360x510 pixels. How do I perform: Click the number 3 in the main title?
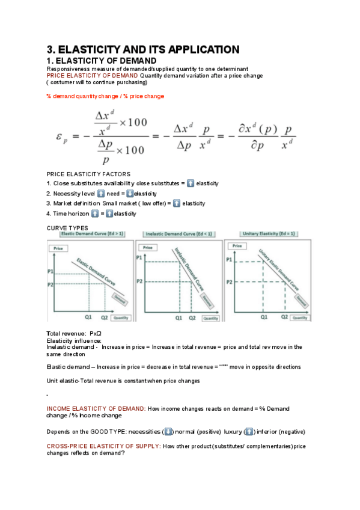[50, 50]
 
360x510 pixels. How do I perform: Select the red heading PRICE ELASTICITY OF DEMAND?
[92, 76]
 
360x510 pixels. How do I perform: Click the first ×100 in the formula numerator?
[133, 123]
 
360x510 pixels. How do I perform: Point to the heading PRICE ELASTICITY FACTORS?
[88, 174]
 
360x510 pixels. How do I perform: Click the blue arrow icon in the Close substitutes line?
[191, 183]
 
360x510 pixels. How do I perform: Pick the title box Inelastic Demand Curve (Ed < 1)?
[178, 234]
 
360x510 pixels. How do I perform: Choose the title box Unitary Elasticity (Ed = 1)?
[267, 234]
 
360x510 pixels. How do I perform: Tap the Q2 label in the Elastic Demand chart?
[104, 317]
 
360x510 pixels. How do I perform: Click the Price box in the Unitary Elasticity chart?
[239, 246]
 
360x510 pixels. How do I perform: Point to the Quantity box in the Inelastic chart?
[210, 318]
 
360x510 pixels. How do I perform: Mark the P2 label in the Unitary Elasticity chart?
[229, 282]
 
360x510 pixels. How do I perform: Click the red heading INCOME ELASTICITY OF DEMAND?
[96, 408]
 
